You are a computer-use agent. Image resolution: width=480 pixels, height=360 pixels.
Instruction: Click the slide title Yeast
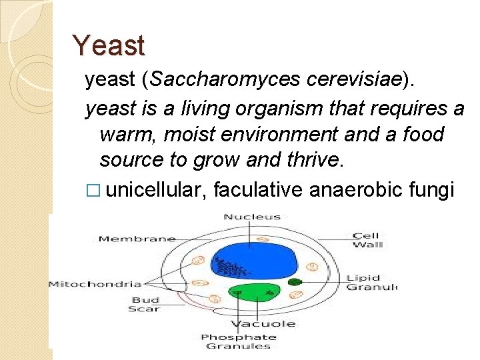point(108,46)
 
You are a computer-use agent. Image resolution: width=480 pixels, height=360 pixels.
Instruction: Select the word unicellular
point(156,189)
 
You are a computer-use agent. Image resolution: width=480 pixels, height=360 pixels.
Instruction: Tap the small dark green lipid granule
point(294,282)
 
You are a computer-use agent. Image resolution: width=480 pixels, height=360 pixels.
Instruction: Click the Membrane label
point(137,239)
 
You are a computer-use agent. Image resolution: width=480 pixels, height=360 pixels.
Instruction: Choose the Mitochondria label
point(95,284)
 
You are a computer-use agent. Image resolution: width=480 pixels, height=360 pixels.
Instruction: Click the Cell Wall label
point(367,240)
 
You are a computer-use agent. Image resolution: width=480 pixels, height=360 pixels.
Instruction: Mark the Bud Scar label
point(145,305)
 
